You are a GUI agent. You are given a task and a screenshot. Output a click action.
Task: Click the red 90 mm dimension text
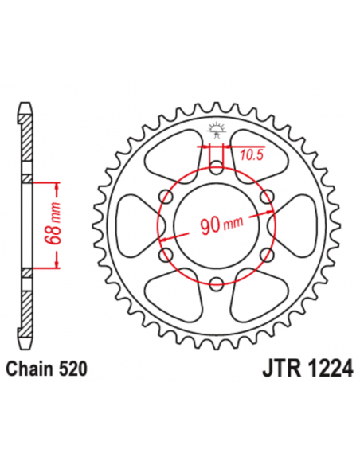click(213, 226)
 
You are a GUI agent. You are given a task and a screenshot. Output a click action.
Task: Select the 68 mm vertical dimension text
click(55, 227)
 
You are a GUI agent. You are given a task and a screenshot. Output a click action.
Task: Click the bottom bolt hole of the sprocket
click(217, 281)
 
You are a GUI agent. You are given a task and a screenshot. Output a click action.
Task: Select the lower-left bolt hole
click(167, 253)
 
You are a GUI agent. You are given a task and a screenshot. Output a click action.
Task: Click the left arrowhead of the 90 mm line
click(162, 240)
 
